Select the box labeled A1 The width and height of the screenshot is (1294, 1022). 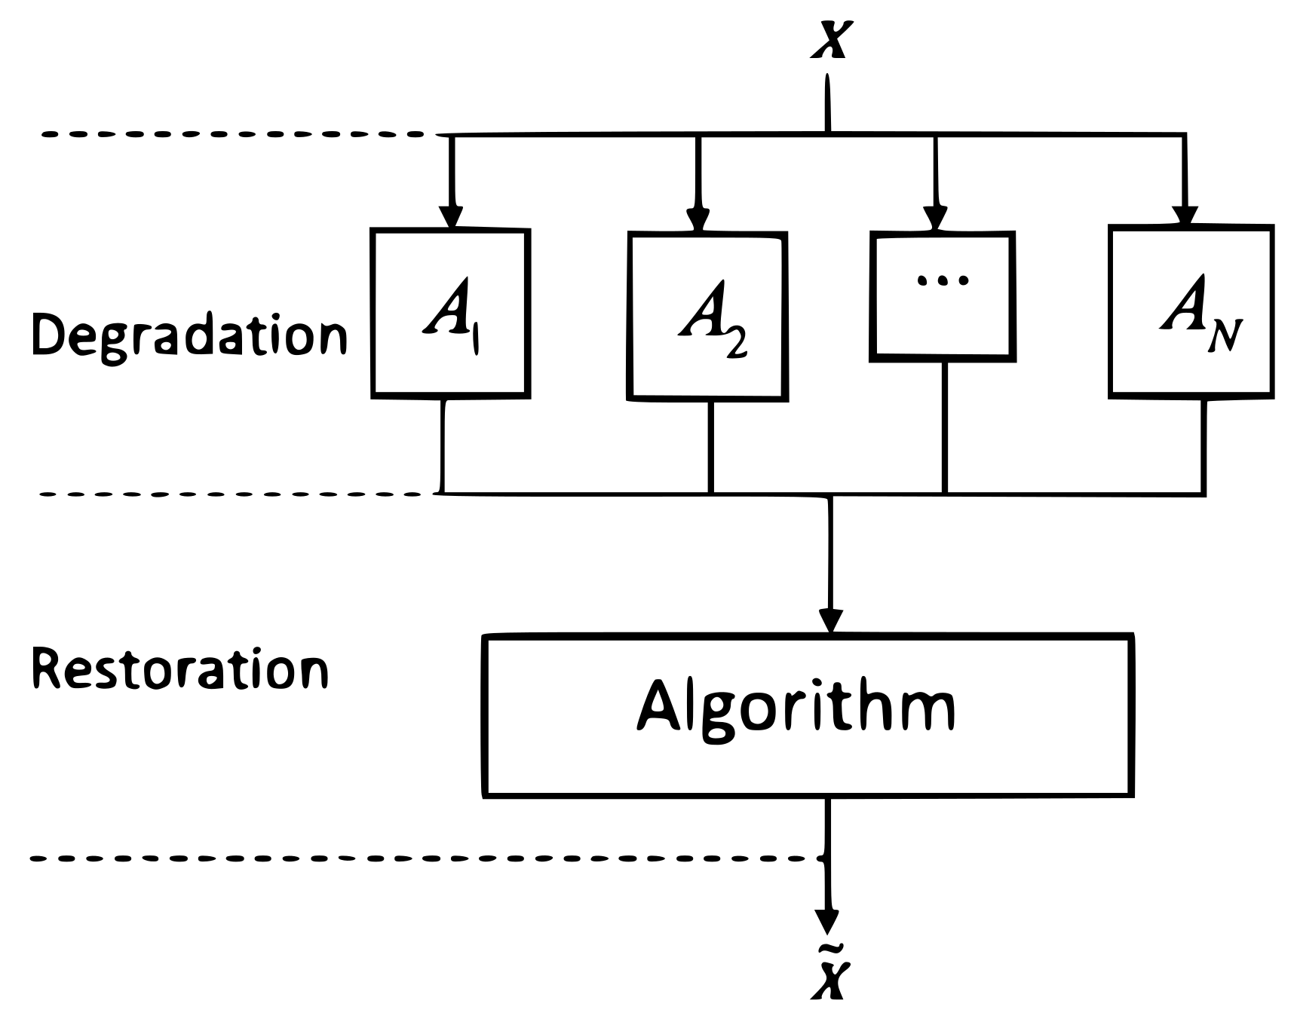tap(451, 313)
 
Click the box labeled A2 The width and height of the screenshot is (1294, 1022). tap(708, 317)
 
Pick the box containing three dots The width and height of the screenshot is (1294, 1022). tap(943, 296)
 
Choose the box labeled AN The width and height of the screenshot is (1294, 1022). tap(1191, 311)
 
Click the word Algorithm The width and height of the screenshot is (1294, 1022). tap(796, 708)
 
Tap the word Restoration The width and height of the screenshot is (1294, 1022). tap(179, 669)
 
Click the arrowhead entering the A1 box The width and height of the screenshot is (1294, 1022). tap(451, 217)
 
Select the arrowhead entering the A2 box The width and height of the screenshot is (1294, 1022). tap(698, 219)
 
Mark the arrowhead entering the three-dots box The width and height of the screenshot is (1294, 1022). tap(936, 219)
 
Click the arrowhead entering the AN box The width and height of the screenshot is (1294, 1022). tap(1185, 216)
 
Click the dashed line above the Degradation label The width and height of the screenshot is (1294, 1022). tap(234, 135)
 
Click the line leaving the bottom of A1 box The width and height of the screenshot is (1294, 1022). tap(443, 445)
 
